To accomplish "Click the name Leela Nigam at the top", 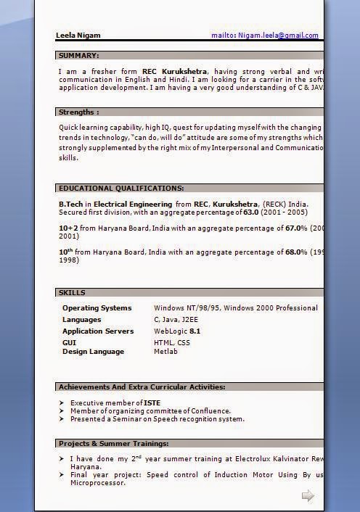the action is tap(78, 35).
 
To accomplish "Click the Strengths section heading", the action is tap(79, 112).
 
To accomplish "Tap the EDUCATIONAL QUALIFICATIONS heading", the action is tap(121, 188).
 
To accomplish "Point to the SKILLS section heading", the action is tap(72, 293).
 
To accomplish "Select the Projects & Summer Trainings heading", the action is tap(114, 443).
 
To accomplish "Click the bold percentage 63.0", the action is tap(251, 212).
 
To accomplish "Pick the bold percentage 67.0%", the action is tap(296, 228).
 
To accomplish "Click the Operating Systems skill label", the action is tap(97, 307).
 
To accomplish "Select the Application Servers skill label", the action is tap(98, 331).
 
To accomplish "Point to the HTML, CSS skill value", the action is tap(172, 342).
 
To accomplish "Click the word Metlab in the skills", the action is tap(165, 351).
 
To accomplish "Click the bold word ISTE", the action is tap(152, 402).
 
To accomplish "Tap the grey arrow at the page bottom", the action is tap(308, 495).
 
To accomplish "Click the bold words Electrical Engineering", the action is tap(133, 205).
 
